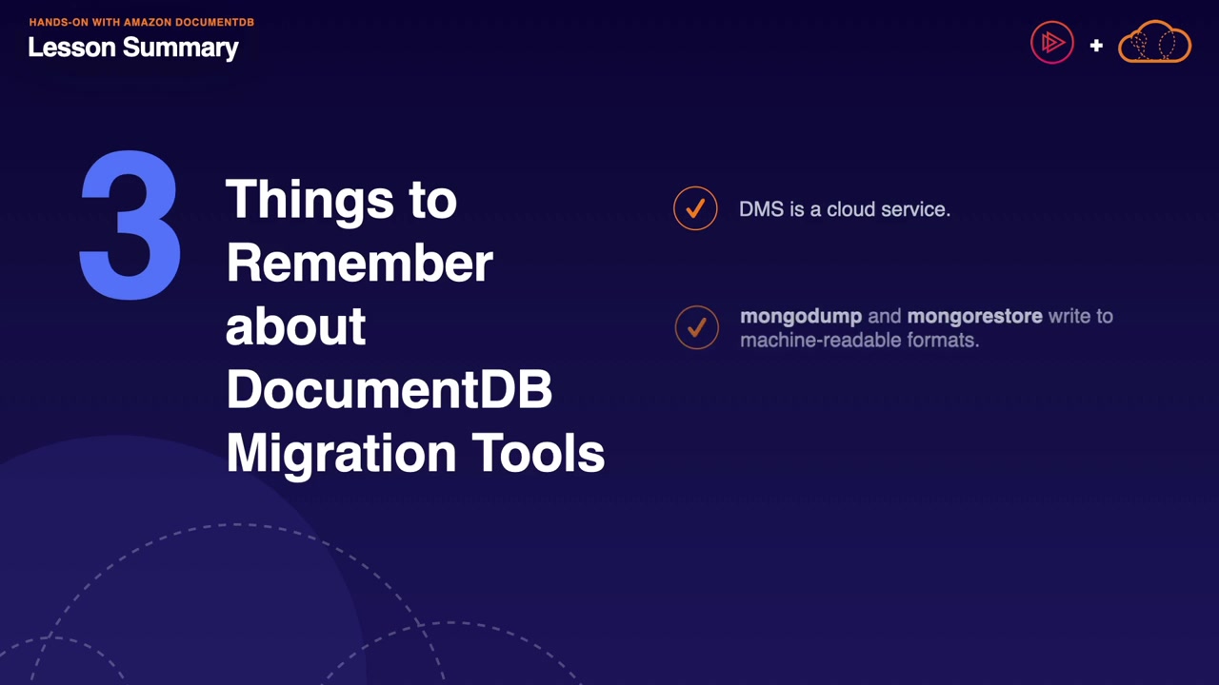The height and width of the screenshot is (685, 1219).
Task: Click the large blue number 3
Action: click(x=130, y=225)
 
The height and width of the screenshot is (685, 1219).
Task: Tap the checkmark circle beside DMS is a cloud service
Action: click(x=695, y=208)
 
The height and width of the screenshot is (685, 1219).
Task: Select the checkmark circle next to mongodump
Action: click(x=696, y=327)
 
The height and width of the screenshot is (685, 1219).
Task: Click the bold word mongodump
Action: click(x=801, y=317)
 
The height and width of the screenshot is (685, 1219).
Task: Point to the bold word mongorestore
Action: click(x=974, y=317)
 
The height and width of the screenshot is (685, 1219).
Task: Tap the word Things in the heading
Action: click(x=310, y=200)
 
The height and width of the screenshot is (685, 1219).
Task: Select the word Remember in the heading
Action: click(x=360, y=264)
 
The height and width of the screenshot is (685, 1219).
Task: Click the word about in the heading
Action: click(x=295, y=326)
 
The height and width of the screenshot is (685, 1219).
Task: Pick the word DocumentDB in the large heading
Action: click(x=390, y=389)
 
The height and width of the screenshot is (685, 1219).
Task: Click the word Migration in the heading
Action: click(x=341, y=454)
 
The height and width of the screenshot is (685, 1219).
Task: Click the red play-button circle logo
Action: click(x=1052, y=43)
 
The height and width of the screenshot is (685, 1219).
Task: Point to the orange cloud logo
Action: click(x=1154, y=41)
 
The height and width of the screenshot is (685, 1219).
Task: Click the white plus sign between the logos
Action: click(x=1096, y=45)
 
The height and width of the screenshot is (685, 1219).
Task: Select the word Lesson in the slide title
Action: click(x=71, y=48)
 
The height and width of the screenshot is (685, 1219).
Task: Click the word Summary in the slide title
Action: click(x=181, y=49)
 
